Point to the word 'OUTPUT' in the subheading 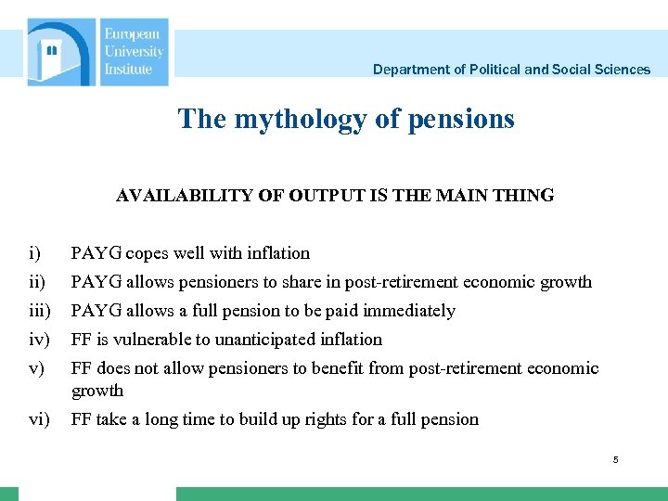point(321,196)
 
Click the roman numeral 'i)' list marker point(33,253)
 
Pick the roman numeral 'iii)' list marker point(40,311)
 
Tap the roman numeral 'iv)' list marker point(38,340)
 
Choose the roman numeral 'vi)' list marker point(38,419)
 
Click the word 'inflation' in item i point(277,253)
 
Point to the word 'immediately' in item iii point(409,311)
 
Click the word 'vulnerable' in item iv point(146,340)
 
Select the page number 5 point(615,461)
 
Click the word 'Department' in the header point(409,70)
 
